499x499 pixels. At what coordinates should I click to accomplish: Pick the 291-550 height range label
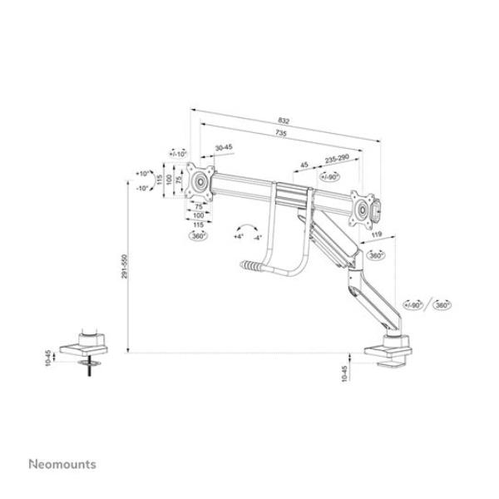tap(123, 265)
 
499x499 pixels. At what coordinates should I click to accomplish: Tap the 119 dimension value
tap(376, 236)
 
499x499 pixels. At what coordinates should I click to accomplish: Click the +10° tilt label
tap(141, 174)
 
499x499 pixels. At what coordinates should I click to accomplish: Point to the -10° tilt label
tap(141, 189)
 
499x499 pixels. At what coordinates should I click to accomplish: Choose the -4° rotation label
tap(259, 237)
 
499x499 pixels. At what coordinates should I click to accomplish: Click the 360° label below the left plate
tap(199, 235)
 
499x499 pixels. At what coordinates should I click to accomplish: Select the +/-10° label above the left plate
tap(178, 154)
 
